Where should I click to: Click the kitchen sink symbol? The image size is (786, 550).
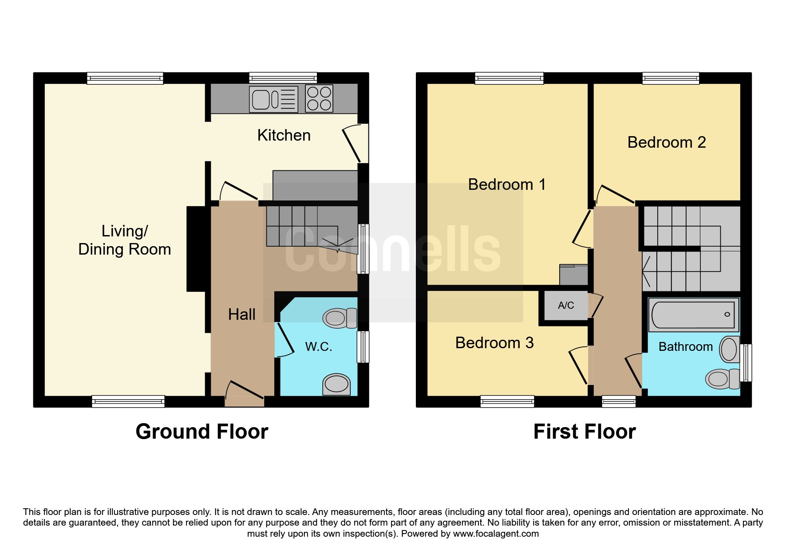273,99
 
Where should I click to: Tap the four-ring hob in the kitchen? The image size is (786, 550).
319,98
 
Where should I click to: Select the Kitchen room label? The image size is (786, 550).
284,135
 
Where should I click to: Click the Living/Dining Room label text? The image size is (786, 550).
125,240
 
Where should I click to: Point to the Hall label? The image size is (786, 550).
241,314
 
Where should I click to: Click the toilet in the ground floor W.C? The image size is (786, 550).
340,318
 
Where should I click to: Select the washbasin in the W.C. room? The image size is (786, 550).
336,384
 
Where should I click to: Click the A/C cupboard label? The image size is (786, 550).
566,305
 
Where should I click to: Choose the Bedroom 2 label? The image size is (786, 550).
666,142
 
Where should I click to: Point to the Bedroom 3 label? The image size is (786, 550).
494,343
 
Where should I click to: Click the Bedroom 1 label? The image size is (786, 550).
507,185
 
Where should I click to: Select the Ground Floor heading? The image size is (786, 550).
202,432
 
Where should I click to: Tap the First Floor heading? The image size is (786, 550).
585,432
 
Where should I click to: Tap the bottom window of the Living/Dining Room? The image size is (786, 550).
128,401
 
